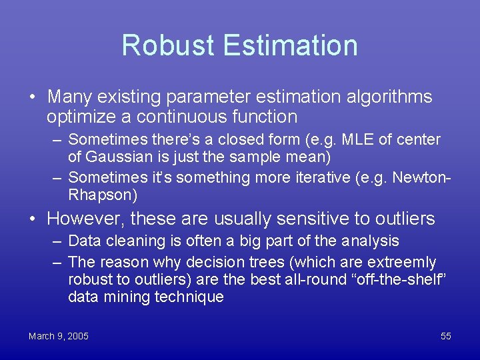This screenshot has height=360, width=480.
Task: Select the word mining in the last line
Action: click(129, 297)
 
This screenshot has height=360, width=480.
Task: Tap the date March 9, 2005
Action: click(58, 336)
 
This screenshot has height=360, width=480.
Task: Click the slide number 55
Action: click(445, 336)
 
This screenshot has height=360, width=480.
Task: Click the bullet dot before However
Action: click(32, 219)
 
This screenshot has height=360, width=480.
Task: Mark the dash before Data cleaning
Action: click(57, 241)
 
